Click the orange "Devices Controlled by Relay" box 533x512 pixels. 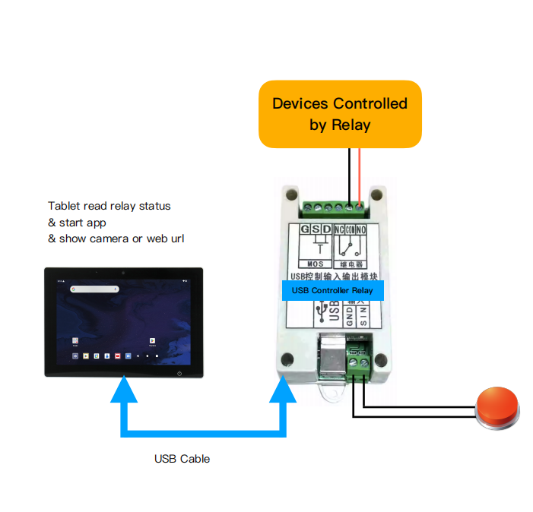coord(340,114)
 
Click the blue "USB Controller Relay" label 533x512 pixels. coord(333,290)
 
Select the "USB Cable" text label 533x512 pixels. coord(182,459)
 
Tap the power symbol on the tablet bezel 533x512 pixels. coord(179,372)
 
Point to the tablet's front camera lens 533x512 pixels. coord(123,272)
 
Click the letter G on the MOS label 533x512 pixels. coord(305,229)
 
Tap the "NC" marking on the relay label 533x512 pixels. coord(339,229)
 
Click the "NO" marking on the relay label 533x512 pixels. coord(361,229)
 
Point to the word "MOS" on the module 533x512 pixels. coord(315,264)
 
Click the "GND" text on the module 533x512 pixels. coord(351,316)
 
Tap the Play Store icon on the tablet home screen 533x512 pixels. coord(153,341)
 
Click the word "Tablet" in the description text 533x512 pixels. coord(63,206)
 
